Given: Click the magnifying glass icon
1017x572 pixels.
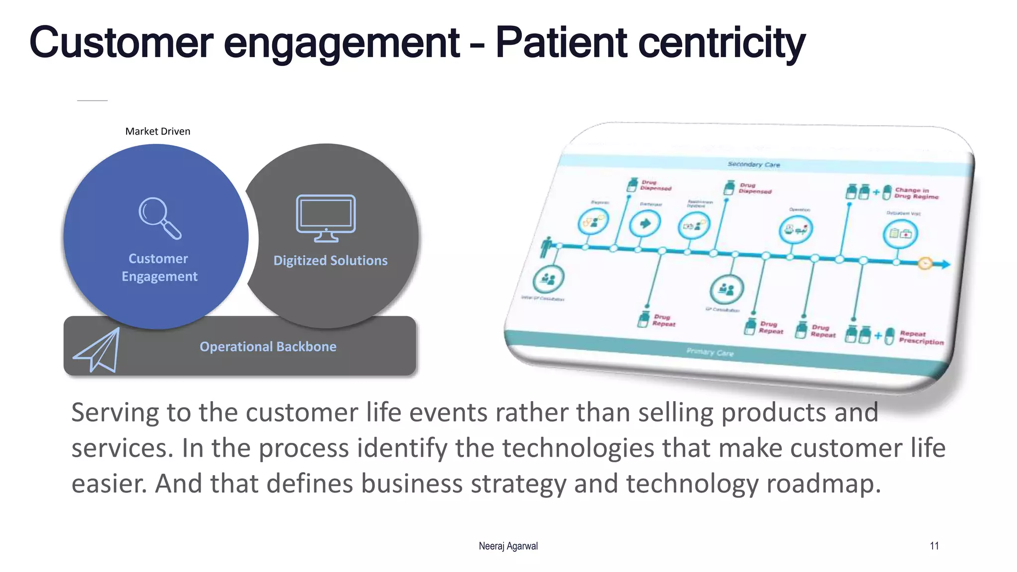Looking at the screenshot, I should [159, 218].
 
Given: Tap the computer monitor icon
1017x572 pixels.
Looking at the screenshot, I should [326, 217].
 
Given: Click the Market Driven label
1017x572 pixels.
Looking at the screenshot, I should [157, 131].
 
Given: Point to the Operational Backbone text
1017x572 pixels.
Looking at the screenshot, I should [268, 347].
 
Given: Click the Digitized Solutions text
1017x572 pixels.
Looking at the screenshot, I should [330, 261].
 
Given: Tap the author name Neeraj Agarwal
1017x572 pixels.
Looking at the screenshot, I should [508, 546].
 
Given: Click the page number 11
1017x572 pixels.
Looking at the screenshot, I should [934, 546].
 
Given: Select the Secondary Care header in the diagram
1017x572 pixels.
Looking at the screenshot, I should [753, 164].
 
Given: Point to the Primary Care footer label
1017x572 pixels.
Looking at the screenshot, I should [710, 352].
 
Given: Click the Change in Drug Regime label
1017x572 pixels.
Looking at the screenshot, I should [916, 193].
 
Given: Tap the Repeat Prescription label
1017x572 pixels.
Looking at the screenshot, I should [921, 338].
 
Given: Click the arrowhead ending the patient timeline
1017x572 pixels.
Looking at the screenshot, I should [945, 265].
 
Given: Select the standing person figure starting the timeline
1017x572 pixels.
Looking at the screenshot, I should [547, 247].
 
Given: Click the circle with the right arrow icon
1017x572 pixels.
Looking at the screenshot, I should [645, 223].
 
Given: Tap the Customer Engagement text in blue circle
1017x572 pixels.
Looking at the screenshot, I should [159, 268].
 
